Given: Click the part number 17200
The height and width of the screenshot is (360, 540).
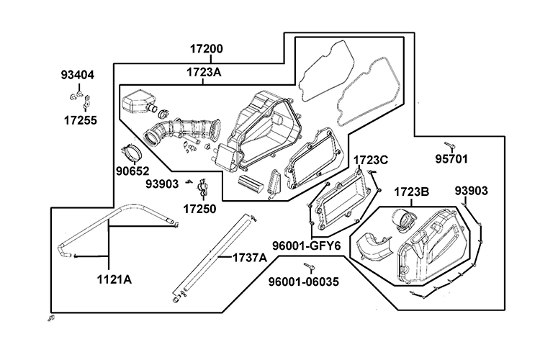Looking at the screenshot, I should [x=206, y=50].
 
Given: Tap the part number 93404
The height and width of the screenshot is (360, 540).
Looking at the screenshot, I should [x=77, y=75].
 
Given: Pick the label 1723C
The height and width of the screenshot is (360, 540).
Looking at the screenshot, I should [x=371, y=159].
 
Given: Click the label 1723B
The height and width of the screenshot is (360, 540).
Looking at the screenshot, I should [x=412, y=192].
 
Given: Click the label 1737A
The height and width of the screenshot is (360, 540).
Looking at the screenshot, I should [x=248, y=257].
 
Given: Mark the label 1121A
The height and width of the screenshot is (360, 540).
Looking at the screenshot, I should [x=114, y=279].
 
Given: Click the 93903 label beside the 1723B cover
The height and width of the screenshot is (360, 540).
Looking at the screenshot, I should [x=472, y=191].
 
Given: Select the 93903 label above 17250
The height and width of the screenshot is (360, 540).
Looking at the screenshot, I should [x=161, y=184].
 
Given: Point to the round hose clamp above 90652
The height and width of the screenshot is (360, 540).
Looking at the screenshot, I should [x=132, y=153].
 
